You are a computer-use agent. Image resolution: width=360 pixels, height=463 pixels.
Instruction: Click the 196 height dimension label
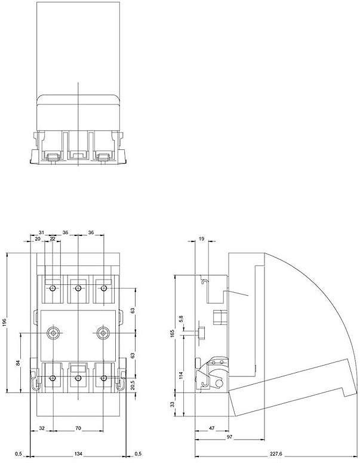[x=5, y=322]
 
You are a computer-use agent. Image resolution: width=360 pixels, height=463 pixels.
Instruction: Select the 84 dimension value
[x=19, y=362]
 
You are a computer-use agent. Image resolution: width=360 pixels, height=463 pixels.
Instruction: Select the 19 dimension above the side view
[x=201, y=238]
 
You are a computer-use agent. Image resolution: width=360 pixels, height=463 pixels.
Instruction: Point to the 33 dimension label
[x=172, y=404]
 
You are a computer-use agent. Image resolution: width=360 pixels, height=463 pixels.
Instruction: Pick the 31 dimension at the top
[x=41, y=232]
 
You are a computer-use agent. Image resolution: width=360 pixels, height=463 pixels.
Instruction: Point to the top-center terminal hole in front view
[x=78, y=289]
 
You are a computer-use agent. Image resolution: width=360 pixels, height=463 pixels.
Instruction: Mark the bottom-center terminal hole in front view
[x=78, y=379]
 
